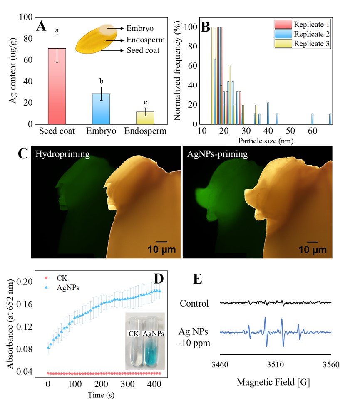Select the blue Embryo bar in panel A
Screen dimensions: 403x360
[101, 109]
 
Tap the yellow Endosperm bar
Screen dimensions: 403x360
[145, 118]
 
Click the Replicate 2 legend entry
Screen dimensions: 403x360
[308, 34]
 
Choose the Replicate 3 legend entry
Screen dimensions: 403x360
[308, 43]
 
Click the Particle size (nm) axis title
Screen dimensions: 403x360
[267, 141]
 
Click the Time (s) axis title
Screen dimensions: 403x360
[102, 394]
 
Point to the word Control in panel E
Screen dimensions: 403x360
[194, 303]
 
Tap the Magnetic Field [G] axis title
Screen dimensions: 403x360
[275, 382]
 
